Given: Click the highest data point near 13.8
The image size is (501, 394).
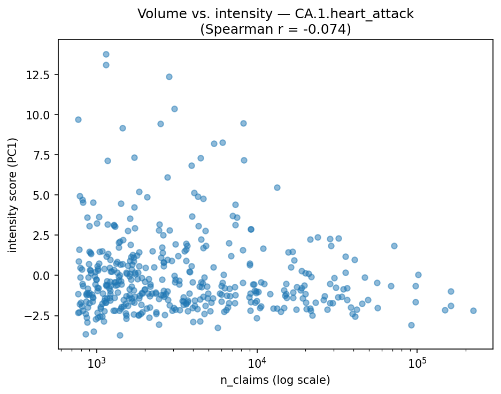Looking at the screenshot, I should click(106, 54).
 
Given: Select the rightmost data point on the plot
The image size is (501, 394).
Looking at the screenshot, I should click(473, 310).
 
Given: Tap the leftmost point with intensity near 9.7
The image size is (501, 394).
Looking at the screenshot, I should click(78, 119).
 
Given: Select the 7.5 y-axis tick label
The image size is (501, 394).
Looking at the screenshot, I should click(42, 155).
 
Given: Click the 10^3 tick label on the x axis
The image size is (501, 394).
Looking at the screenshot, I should click(97, 363).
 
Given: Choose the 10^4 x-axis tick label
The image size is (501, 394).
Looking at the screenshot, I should click(257, 363).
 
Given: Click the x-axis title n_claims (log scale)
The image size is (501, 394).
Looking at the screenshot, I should click(275, 380).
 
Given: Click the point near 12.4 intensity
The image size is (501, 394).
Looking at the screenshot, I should click(169, 77).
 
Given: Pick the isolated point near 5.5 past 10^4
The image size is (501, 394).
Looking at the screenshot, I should click(277, 187).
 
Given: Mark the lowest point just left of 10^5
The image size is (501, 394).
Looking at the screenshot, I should click(411, 325).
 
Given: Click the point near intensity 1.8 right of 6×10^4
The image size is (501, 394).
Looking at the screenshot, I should click(394, 246).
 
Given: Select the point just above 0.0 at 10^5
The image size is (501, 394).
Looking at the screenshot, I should click(418, 275).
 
